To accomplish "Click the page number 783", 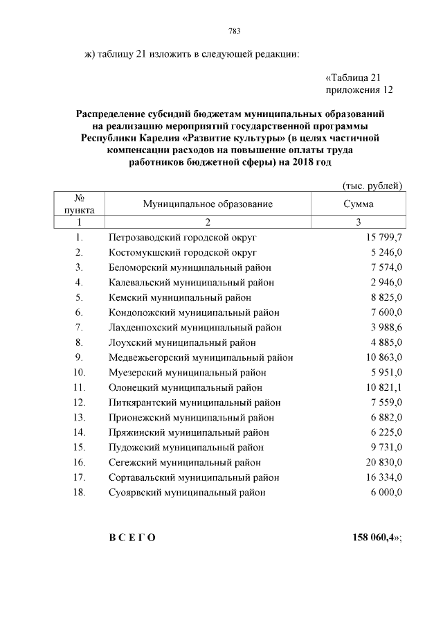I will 233,31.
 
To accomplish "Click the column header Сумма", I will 358,204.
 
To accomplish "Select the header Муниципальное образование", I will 208,204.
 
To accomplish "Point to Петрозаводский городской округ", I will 183,238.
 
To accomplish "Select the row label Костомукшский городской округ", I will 183,252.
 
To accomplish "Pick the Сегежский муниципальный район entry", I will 185,462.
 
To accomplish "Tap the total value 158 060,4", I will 374,538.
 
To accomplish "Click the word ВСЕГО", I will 132,538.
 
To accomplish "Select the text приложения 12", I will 359,90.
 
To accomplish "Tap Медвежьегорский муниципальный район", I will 201,357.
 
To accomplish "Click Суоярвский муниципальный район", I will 187,493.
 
